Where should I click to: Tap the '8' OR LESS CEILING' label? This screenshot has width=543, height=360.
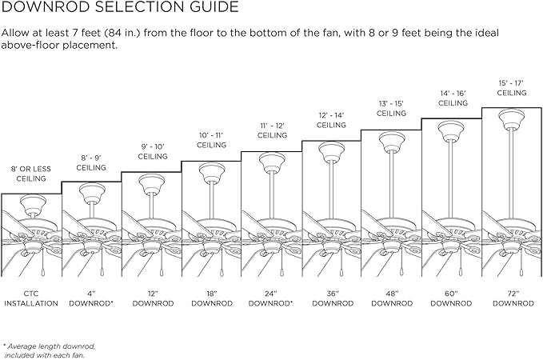click(x=31, y=174)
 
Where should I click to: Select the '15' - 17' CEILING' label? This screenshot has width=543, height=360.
click(x=512, y=88)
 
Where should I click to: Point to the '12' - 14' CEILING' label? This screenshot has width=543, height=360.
click(x=331, y=120)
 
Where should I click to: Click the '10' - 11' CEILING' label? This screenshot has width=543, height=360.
click(x=211, y=140)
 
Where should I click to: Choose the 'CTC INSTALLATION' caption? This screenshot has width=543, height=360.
click(x=31, y=298)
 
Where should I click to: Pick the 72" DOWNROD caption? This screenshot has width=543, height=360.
click(x=513, y=298)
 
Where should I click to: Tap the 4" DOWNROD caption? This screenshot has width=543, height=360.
click(x=91, y=298)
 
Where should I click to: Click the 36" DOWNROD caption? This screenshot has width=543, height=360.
click(x=333, y=298)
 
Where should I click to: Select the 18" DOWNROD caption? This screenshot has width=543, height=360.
click(x=212, y=298)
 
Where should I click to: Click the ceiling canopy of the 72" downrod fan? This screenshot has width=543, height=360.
click(x=512, y=118)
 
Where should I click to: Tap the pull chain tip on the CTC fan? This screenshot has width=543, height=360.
click(x=42, y=272)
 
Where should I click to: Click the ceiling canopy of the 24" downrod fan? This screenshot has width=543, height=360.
click(x=272, y=163)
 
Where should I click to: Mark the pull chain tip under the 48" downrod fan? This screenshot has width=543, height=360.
click(x=401, y=272)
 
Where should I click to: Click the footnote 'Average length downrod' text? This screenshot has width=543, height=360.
click(x=51, y=346)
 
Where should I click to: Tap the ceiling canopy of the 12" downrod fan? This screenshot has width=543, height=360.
click(x=152, y=184)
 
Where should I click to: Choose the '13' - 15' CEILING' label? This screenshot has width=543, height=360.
click(x=391, y=109)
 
